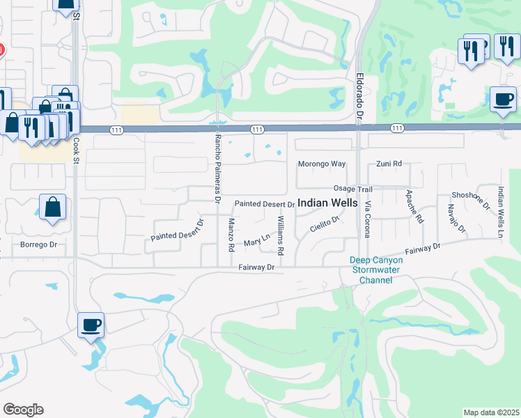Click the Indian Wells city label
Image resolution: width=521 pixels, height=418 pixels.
328,203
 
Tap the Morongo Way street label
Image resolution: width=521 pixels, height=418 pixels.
322,164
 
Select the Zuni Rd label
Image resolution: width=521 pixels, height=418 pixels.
389,164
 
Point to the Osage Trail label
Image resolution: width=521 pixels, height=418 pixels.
353,189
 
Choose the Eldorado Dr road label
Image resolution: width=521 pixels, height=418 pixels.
361,95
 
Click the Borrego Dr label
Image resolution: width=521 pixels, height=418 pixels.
38,245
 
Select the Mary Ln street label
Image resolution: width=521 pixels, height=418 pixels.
256,241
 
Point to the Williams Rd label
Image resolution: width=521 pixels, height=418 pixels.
280,235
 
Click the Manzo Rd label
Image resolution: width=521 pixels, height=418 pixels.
231,235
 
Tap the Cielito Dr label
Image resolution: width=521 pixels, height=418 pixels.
324,224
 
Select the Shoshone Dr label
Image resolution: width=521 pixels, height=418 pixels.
479,200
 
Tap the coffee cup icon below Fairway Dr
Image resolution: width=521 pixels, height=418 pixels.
91,325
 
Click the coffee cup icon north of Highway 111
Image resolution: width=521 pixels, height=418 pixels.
502,98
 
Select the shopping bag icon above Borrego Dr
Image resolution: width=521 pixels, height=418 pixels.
53,206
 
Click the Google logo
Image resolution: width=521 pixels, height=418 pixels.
23,410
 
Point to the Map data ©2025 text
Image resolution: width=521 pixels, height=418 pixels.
491,412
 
